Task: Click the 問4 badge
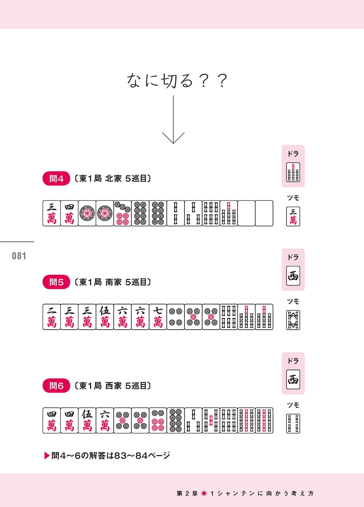pos(56,178)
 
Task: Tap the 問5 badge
pos(56,282)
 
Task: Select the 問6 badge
pos(56,386)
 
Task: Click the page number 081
pos(19,256)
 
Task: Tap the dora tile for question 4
pos(293,172)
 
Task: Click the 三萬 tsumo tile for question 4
pos(293,216)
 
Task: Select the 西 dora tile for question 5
pos(293,276)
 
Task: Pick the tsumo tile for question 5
pos(293,320)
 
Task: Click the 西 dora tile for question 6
pos(293,379)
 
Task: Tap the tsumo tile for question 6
pos(293,423)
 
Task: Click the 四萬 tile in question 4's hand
pos(69,213)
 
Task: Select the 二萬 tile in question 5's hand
pos(52,317)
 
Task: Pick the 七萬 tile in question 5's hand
pos(158,317)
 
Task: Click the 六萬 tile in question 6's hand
pos(105,420)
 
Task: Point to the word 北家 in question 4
pos(113,178)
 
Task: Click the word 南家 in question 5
pos(113,282)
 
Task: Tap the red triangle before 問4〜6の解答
pos(47,456)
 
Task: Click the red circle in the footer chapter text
pos(204,493)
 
